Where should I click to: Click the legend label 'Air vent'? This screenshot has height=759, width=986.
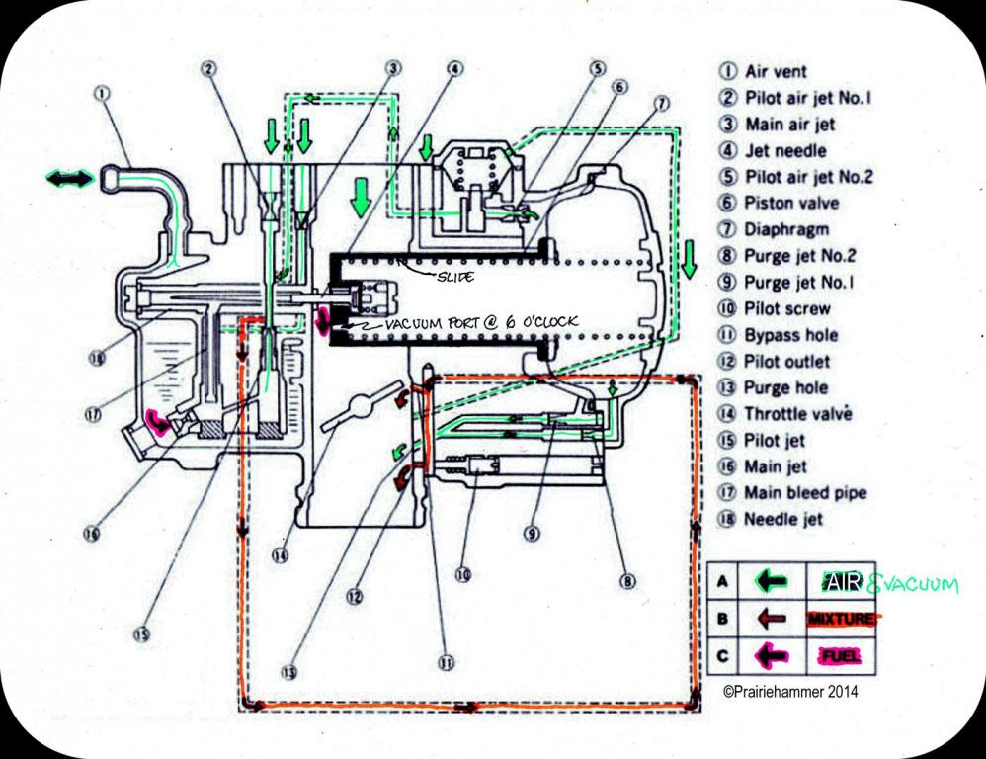point(775,71)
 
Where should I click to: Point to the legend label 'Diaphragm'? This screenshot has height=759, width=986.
point(783,229)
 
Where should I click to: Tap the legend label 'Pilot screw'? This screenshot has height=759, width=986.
point(786,308)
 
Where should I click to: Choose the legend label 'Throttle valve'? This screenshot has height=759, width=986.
point(797,414)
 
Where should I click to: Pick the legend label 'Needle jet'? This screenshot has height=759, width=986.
point(784,519)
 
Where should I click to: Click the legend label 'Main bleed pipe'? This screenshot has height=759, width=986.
point(805,492)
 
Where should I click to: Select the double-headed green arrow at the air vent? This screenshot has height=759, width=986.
point(69,178)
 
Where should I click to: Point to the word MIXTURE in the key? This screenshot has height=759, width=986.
point(840,620)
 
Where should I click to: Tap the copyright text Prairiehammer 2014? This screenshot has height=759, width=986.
point(789,692)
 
